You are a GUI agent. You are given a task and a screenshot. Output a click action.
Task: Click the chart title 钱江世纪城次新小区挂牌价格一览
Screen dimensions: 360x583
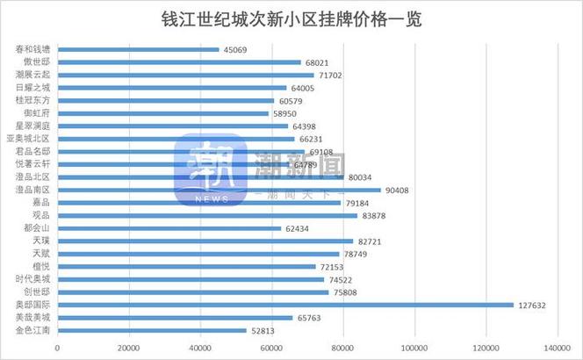(x=292, y=18)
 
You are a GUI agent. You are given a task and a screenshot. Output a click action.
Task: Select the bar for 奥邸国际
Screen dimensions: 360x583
(x=285, y=306)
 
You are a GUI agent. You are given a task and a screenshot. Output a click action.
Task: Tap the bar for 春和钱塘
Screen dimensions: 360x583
(x=138, y=50)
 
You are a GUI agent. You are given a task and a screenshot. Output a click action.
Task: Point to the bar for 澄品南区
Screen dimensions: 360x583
(x=220, y=190)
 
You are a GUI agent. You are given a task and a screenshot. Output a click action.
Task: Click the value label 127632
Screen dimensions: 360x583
(x=536, y=306)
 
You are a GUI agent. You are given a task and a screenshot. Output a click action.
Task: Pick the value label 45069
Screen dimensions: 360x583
(x=236, y=50)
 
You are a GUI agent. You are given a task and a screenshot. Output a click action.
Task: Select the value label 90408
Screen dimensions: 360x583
(x=399, y=190)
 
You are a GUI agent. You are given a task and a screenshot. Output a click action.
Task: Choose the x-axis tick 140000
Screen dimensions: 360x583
(x=557, y=349)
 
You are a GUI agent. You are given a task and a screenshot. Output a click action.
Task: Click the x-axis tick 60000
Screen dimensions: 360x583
(x=272, y=349)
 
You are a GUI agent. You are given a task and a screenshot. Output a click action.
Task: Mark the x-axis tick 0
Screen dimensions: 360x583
(x=58, y=349)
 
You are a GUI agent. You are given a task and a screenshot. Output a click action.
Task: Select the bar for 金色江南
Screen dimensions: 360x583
(x=152, y=331)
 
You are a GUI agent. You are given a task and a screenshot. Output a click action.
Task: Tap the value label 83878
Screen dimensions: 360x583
(x=375, y=215)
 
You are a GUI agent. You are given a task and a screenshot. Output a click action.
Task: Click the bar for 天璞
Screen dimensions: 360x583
(x=205, y=241)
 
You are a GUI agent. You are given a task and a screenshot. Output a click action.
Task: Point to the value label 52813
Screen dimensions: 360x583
(x=264, y=331)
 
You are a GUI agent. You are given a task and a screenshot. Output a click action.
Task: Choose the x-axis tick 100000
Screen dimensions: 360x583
(x=414, y=349)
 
